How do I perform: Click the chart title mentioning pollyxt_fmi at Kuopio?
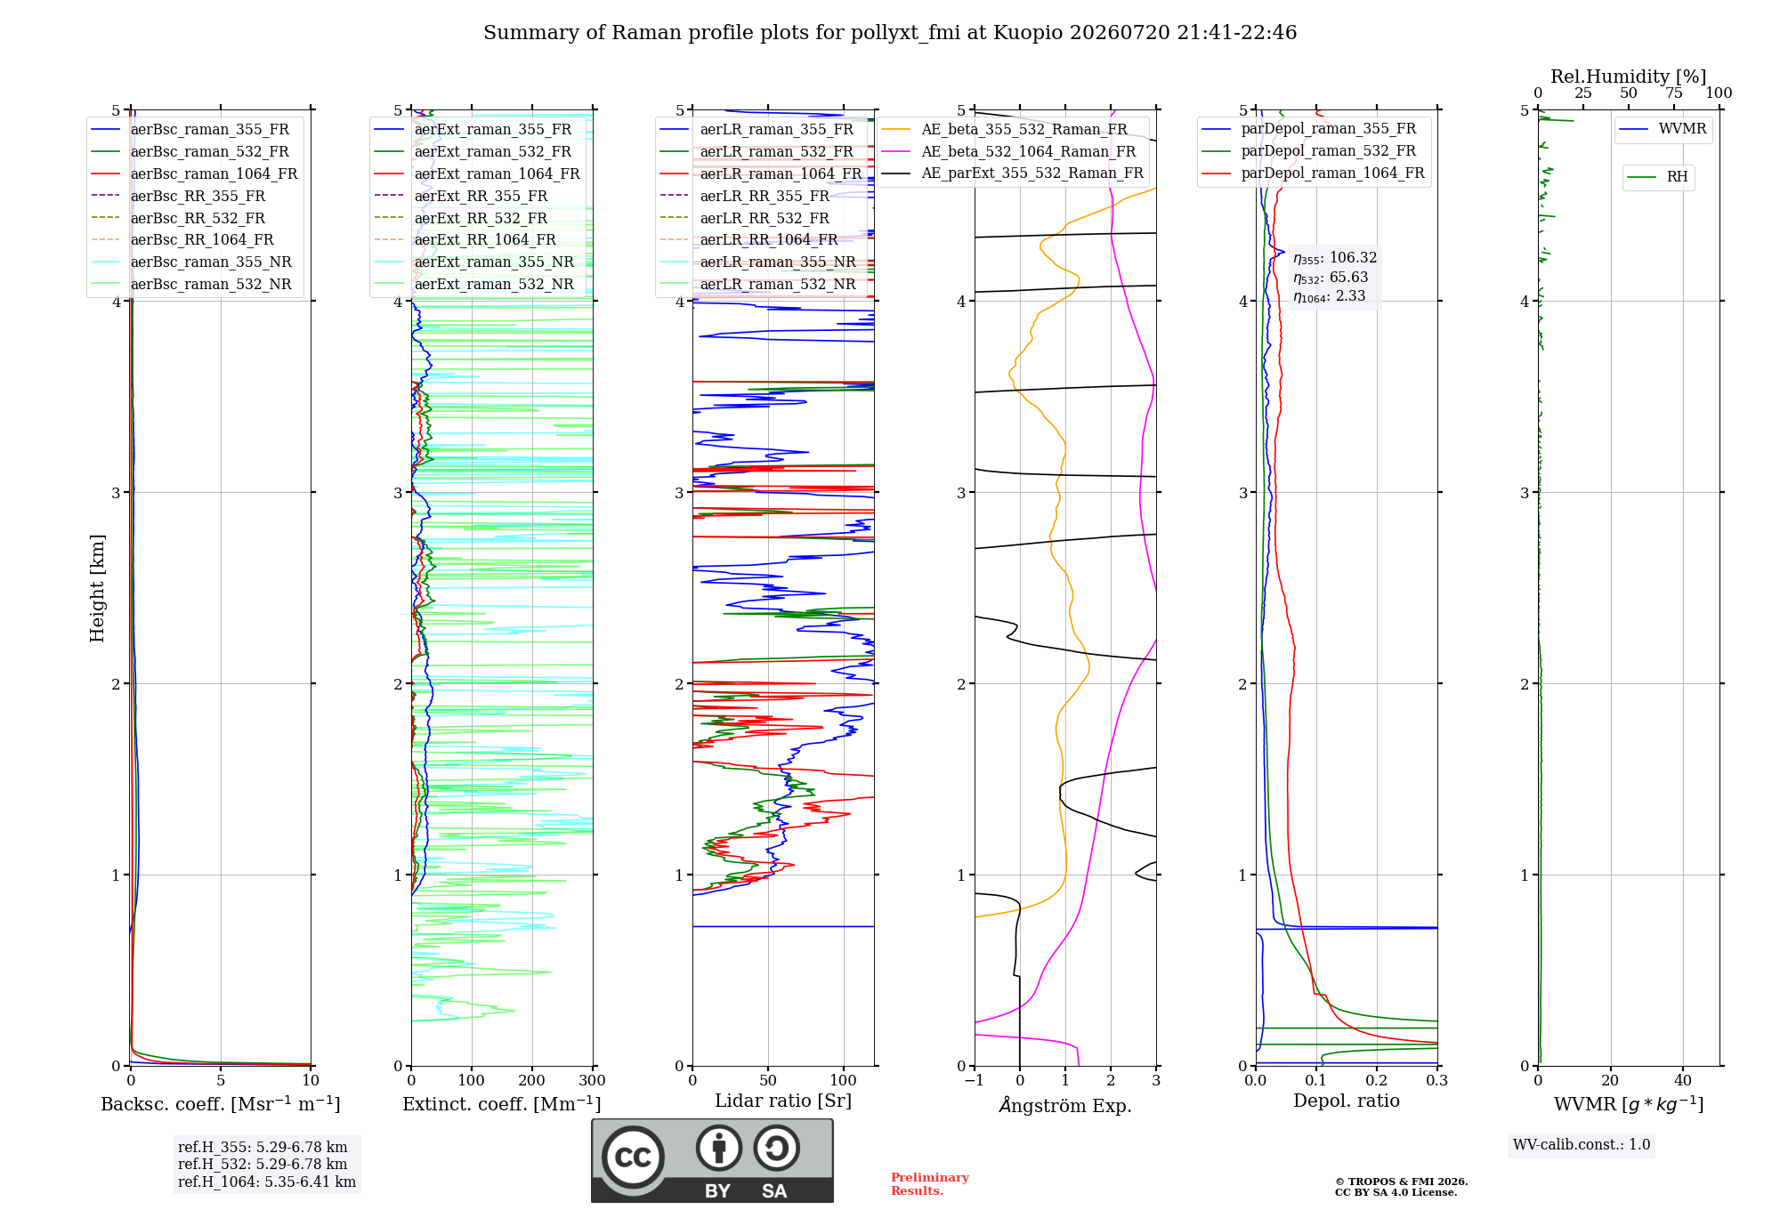[890, 33]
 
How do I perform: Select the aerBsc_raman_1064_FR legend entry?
[194, 173]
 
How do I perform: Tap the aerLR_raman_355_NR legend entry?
[757, 262]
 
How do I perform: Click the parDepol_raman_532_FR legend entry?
[1309, 151]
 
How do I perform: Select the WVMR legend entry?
[1663, 129]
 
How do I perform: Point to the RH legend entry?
[1657, 177]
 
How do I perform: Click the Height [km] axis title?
[97, 588]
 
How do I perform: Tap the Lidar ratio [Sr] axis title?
[783, 1101]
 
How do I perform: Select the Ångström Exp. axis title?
[1065, 1105]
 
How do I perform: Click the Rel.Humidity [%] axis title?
[1629, 77]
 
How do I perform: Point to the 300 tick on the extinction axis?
[593, 1080]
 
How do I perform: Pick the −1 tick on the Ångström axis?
[974, 1080]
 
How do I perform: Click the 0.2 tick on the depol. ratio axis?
[1377, 1080]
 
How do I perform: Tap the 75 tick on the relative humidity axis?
[1674, 93]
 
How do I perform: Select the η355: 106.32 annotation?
[1335, 258]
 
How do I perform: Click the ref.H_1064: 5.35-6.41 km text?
[267, 1182]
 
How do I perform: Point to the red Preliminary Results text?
[930, 1184]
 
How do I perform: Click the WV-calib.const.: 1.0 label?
[1582, 1144]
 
